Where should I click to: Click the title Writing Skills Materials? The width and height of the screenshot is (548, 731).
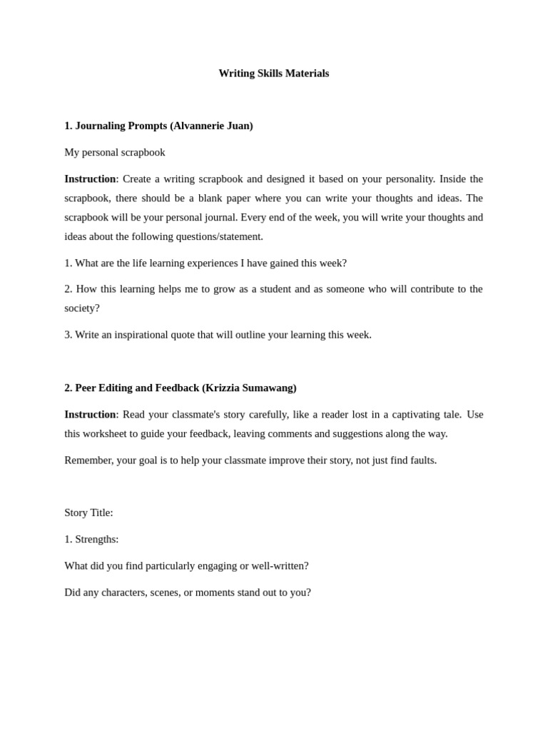273,74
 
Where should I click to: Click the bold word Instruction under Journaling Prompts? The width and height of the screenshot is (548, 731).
90,178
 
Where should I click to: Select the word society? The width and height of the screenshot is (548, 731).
82,308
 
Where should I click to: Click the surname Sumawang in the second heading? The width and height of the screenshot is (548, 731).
268,388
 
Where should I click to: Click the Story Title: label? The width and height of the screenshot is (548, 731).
88,513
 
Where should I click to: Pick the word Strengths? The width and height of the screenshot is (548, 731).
96,539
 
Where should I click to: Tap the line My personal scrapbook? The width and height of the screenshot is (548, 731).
115,152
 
